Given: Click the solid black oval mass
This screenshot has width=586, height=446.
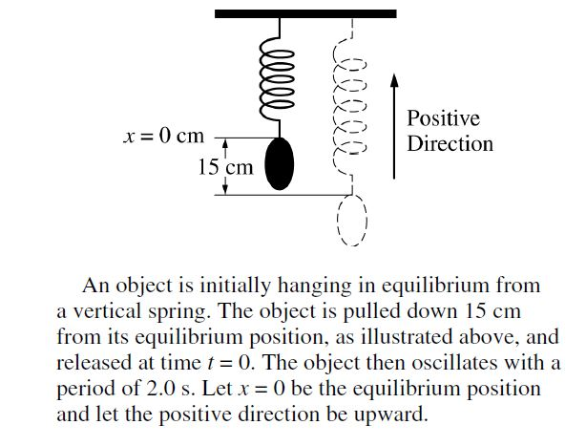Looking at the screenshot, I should [279, 164].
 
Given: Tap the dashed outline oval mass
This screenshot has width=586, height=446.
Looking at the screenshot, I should [351, 223].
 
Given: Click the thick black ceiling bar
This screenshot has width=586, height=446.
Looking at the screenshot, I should [304, 13].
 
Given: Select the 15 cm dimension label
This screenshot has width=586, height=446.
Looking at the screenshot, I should [225, 167].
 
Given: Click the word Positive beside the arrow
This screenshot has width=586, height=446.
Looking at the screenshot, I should [443, 119].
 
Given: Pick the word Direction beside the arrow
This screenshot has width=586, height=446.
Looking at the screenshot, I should [450, 144].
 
